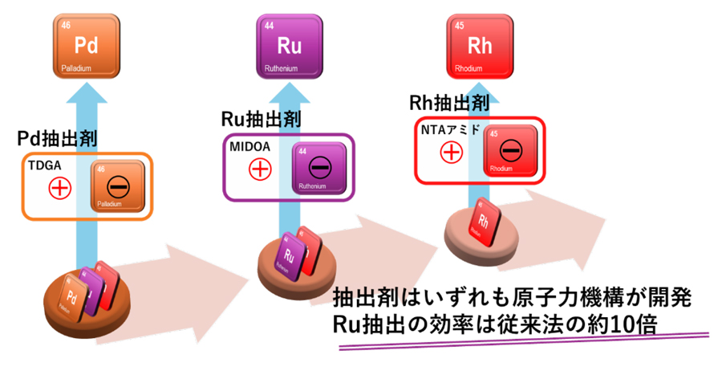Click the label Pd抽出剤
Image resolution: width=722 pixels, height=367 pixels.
57,138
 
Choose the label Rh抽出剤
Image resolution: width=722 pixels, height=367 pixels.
448,103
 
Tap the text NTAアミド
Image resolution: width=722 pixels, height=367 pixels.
450,129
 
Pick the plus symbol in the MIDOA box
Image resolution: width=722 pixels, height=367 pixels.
260,169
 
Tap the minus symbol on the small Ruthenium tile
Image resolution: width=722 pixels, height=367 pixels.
320,167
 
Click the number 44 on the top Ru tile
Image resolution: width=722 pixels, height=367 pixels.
270,26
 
